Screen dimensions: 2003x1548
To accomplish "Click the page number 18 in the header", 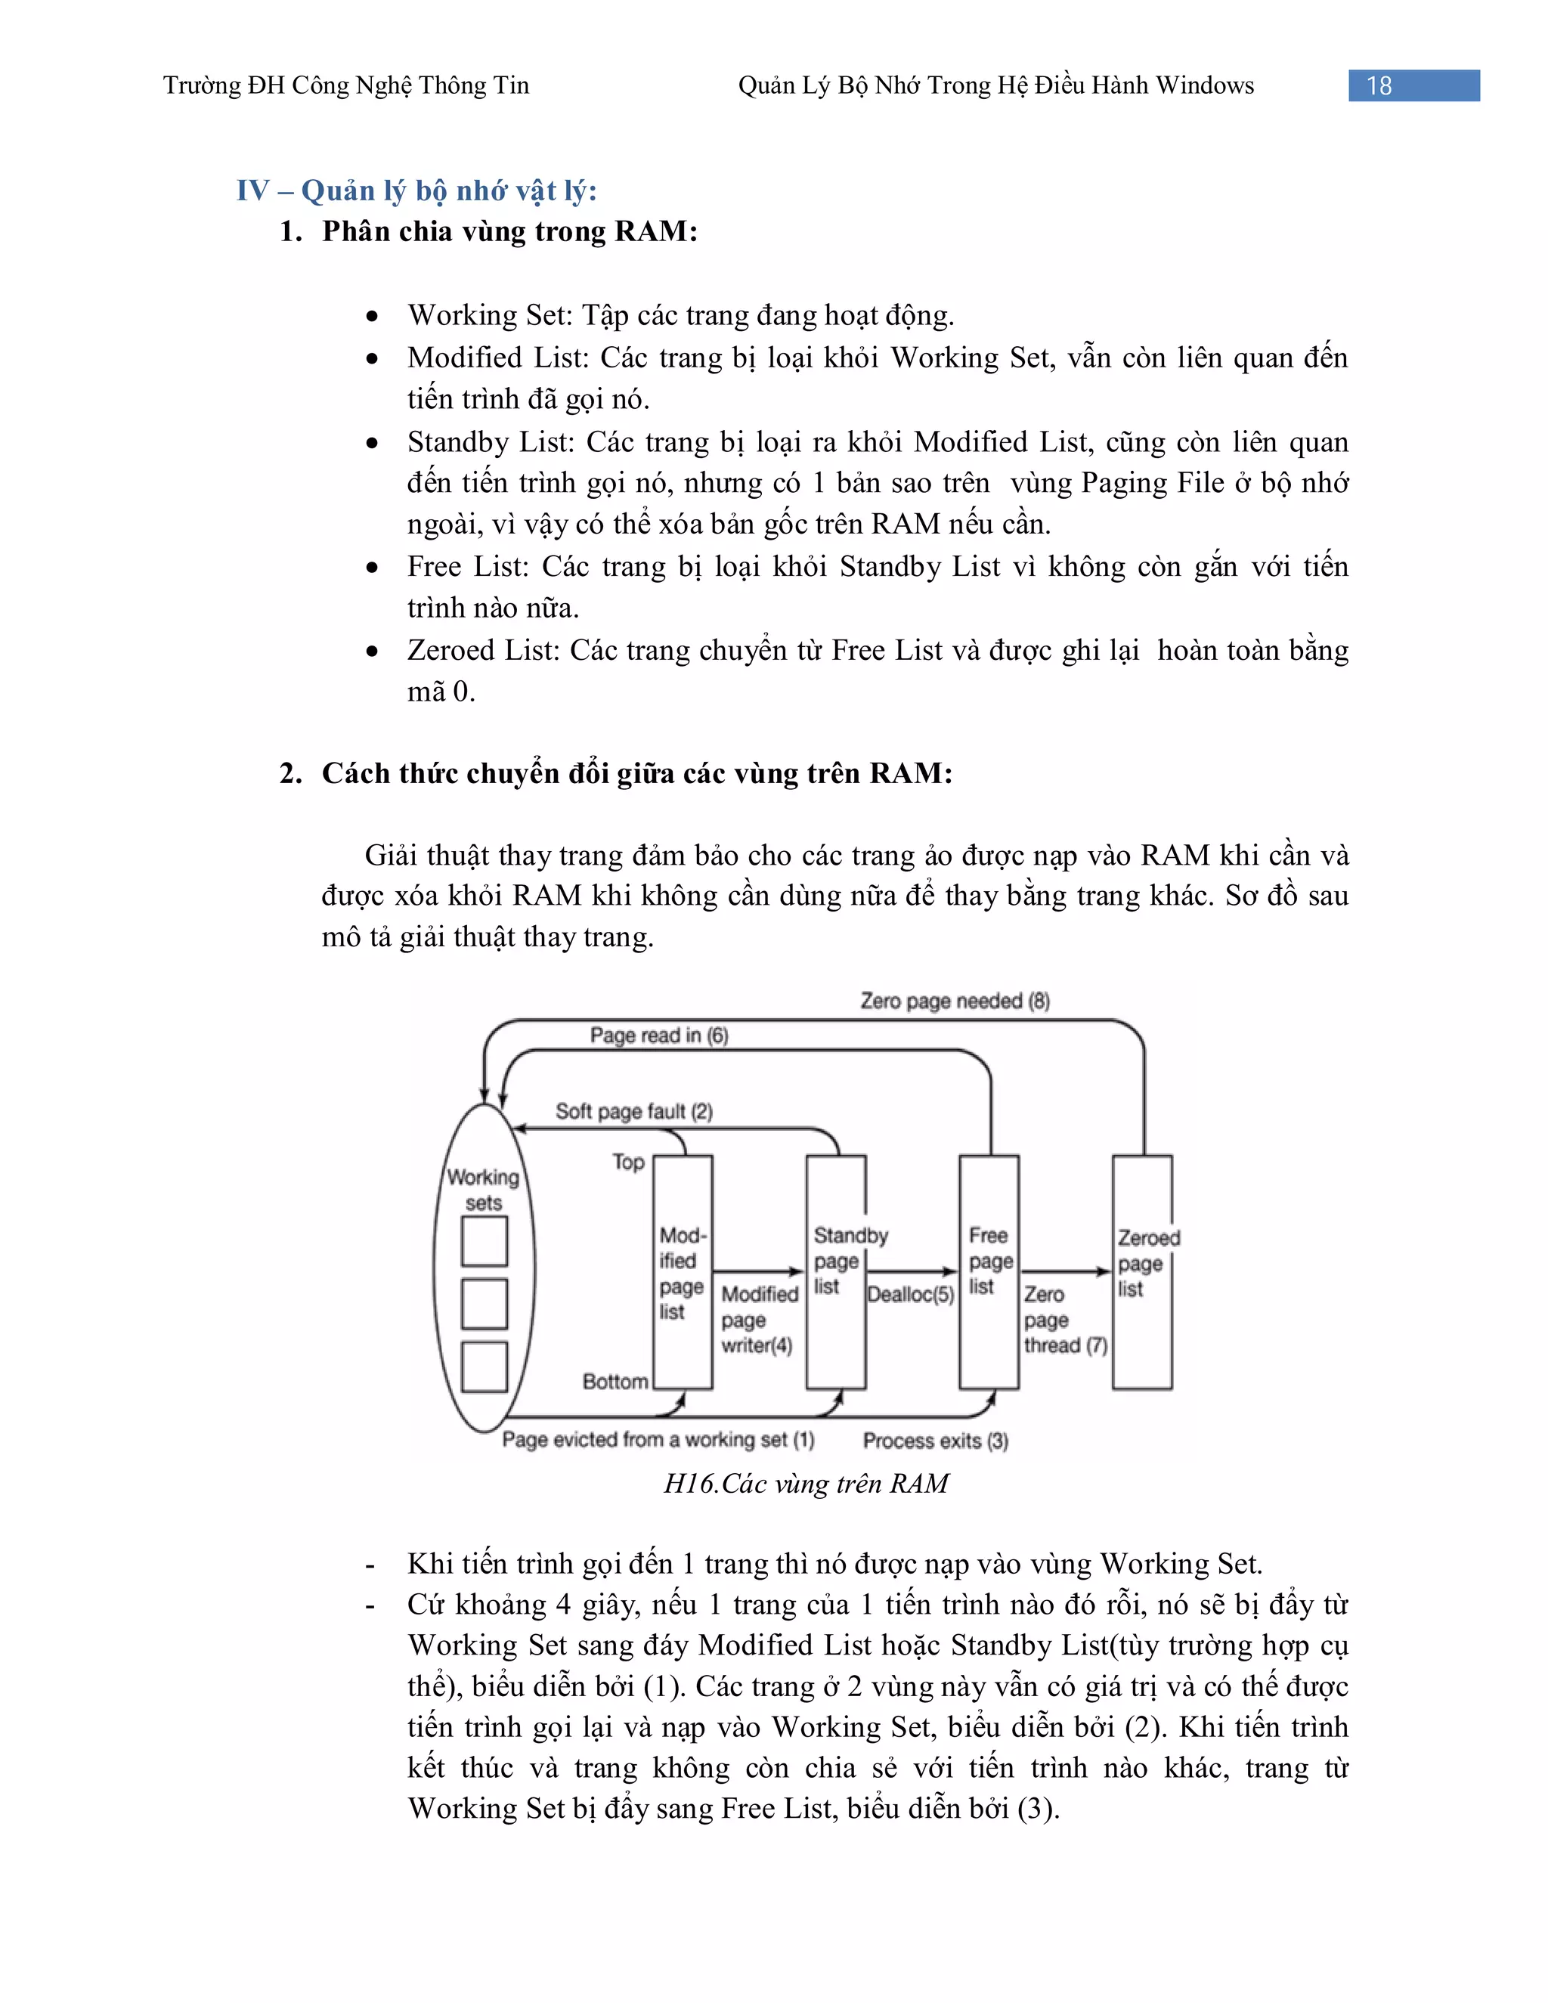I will click(x=1379, y=85).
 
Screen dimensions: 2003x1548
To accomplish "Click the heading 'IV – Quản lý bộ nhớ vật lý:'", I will click(x=416, y=190).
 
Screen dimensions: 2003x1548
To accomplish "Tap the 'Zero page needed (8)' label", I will click(x=955, y=1001).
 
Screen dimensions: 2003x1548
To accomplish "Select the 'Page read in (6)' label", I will click(x=658, y=1036).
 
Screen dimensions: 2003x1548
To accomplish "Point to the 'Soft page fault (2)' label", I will click(x=633, y=1112).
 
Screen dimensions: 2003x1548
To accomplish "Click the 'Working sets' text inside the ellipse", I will click(x=483, y=1190).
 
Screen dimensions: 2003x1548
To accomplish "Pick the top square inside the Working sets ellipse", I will click(x=485, y=1241).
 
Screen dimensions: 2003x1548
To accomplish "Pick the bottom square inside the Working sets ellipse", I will click(x=485, y=1367).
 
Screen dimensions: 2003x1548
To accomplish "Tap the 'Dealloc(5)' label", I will click(x=911, y=1294).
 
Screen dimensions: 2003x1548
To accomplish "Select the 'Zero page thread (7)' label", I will click(x=1063, y=1320).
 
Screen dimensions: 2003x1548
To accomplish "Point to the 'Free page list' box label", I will click(x=989, y=1261).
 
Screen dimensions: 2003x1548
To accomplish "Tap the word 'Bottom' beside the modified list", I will click(x=615, y=1381).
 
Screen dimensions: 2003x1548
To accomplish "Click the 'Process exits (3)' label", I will click(x=934, y=1441).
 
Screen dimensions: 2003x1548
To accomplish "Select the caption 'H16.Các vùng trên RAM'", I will click(x=805, y=1484).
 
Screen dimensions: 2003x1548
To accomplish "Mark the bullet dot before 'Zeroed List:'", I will click(x=371, y=651).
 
